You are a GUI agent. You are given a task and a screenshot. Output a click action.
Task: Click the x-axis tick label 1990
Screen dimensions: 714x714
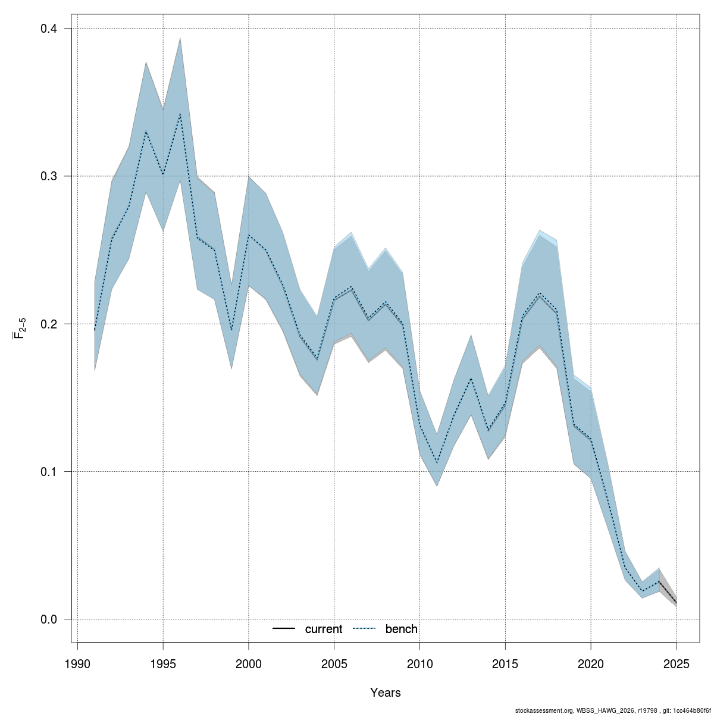click(x=77, y=663)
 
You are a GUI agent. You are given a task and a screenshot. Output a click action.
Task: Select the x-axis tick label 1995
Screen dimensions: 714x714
click(x=163, y=663)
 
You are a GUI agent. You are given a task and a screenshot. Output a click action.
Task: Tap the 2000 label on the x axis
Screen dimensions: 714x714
click(x=249, y=663)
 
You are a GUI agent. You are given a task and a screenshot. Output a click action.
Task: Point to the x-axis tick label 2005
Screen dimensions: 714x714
click(x=334, y=663)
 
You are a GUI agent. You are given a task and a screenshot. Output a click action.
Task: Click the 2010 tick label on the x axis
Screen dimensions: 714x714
click(x=419, y=663)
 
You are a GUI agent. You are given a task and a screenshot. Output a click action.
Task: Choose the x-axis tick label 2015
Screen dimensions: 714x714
click(x=505, y=663)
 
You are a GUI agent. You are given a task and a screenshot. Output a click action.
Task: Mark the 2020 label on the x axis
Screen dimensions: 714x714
click(x=591, y=663)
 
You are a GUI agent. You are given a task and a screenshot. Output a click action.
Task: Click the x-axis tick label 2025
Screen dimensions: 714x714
click(x=677, y=663)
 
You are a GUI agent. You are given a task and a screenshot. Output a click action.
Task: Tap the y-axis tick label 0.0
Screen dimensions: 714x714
click(x=48, y=619)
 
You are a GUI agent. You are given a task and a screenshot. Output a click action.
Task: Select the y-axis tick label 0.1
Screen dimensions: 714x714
click(x=48, y=472)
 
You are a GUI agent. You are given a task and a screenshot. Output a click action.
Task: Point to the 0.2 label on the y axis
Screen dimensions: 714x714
click(x=48, y=324)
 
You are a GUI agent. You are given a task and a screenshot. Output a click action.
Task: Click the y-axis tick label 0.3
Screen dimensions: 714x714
click(x=48, y=177)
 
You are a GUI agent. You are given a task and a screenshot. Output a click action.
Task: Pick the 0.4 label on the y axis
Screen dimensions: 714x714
click(x=48, y=29)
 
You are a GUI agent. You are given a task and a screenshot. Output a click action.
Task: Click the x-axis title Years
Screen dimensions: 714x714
click(x=385, y=693)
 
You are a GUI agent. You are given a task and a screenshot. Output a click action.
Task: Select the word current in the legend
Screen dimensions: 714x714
click(x=324, y=629)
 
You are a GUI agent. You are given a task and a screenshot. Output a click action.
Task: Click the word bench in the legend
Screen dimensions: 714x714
click(x=402, y=629)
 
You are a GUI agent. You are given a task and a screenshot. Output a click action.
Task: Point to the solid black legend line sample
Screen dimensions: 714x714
click(x=284, y=629)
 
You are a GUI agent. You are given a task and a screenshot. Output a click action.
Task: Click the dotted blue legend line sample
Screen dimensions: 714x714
click(x=365, y=629)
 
